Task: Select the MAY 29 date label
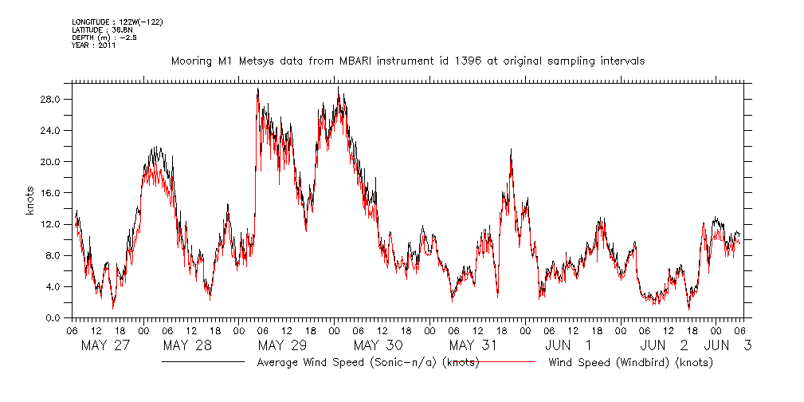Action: (282, 345)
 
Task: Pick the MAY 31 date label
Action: (473, 345)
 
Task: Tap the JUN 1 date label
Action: (568, 345)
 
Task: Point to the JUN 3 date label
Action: (729, 345)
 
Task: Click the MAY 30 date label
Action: (378, 345)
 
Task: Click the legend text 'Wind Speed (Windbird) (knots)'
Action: (630, 362)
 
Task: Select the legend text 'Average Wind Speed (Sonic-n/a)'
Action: (347, 362)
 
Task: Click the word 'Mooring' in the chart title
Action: (191, 61)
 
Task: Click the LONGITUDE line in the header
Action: (117, 22)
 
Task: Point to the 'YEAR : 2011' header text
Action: (94, 45)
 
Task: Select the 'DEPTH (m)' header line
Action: (104, 37)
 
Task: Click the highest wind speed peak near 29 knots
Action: (338, 89)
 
